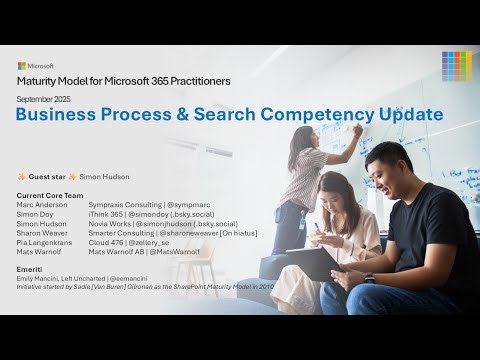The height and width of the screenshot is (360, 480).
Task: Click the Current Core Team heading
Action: (50, 195)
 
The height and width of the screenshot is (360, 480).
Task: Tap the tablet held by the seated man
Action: (310, 263)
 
